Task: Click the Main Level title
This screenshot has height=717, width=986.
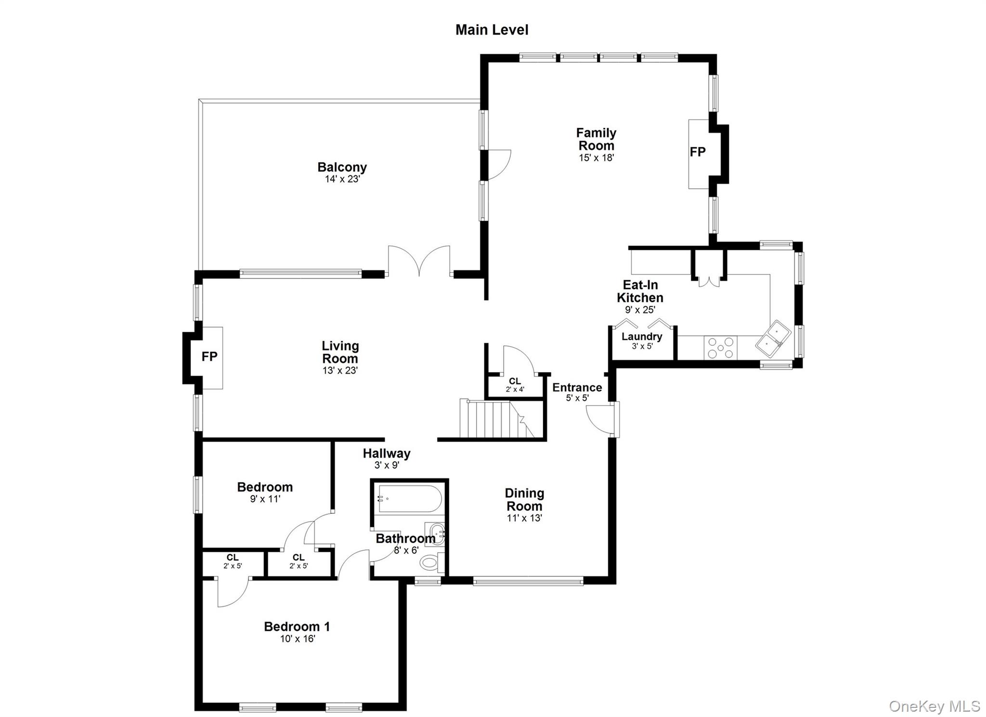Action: (x=492, y=30)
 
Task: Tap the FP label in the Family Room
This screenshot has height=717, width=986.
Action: (x=697, y=152)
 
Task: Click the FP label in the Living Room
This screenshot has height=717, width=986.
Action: (x=209, y=356)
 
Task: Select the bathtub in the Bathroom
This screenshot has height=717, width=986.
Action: (x=409, y=499)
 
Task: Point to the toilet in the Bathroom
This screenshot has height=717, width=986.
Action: (x=429, y=561)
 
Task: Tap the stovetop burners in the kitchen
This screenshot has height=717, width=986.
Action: (x=721, y=348)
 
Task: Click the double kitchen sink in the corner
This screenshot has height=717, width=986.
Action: (x=773, y=339)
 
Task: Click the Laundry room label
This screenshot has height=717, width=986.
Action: (x=641, y=337)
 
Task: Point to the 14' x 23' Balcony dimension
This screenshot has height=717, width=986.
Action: (x=342, y=180)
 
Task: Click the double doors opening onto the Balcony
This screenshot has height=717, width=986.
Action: (x=419, y=261)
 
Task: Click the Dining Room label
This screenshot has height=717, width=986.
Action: (x=524, y=499)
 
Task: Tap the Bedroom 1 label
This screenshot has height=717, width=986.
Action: (x=297, y=626)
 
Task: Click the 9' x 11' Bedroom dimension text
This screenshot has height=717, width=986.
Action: (x=265, y=499)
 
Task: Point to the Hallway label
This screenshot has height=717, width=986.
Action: (x=386, y=453)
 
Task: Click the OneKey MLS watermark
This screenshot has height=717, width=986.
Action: (x=934, y=706)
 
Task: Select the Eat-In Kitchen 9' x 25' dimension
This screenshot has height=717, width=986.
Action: (x=640, y=310)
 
